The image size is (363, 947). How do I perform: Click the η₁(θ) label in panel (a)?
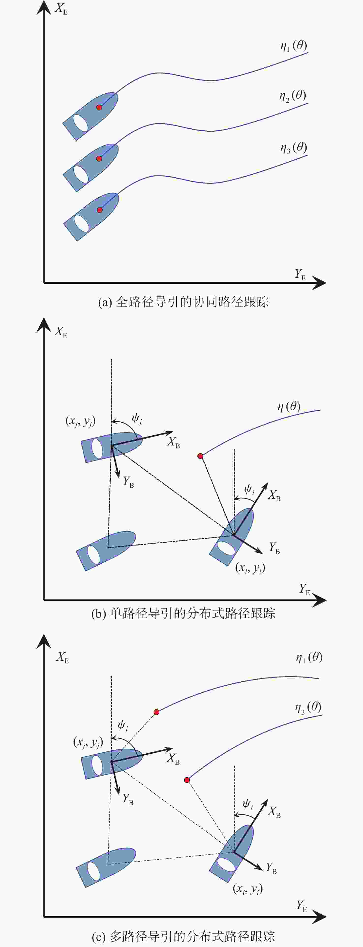pos(294,46)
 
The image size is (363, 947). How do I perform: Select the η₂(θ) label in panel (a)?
pos(293,96)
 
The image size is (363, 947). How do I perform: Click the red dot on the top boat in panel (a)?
pos(99,107)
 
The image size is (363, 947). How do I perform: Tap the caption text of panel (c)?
pos(183,936)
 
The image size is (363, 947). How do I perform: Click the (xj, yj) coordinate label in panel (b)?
pos(80,421)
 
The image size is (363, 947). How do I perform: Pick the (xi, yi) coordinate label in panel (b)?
pos(250,568)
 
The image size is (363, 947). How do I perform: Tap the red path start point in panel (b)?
pos(200,456)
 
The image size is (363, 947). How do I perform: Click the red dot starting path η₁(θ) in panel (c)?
pos(156,712)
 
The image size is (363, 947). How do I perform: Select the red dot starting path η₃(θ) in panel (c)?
pos(187,780)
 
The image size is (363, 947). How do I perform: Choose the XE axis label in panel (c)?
pos(62,657)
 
